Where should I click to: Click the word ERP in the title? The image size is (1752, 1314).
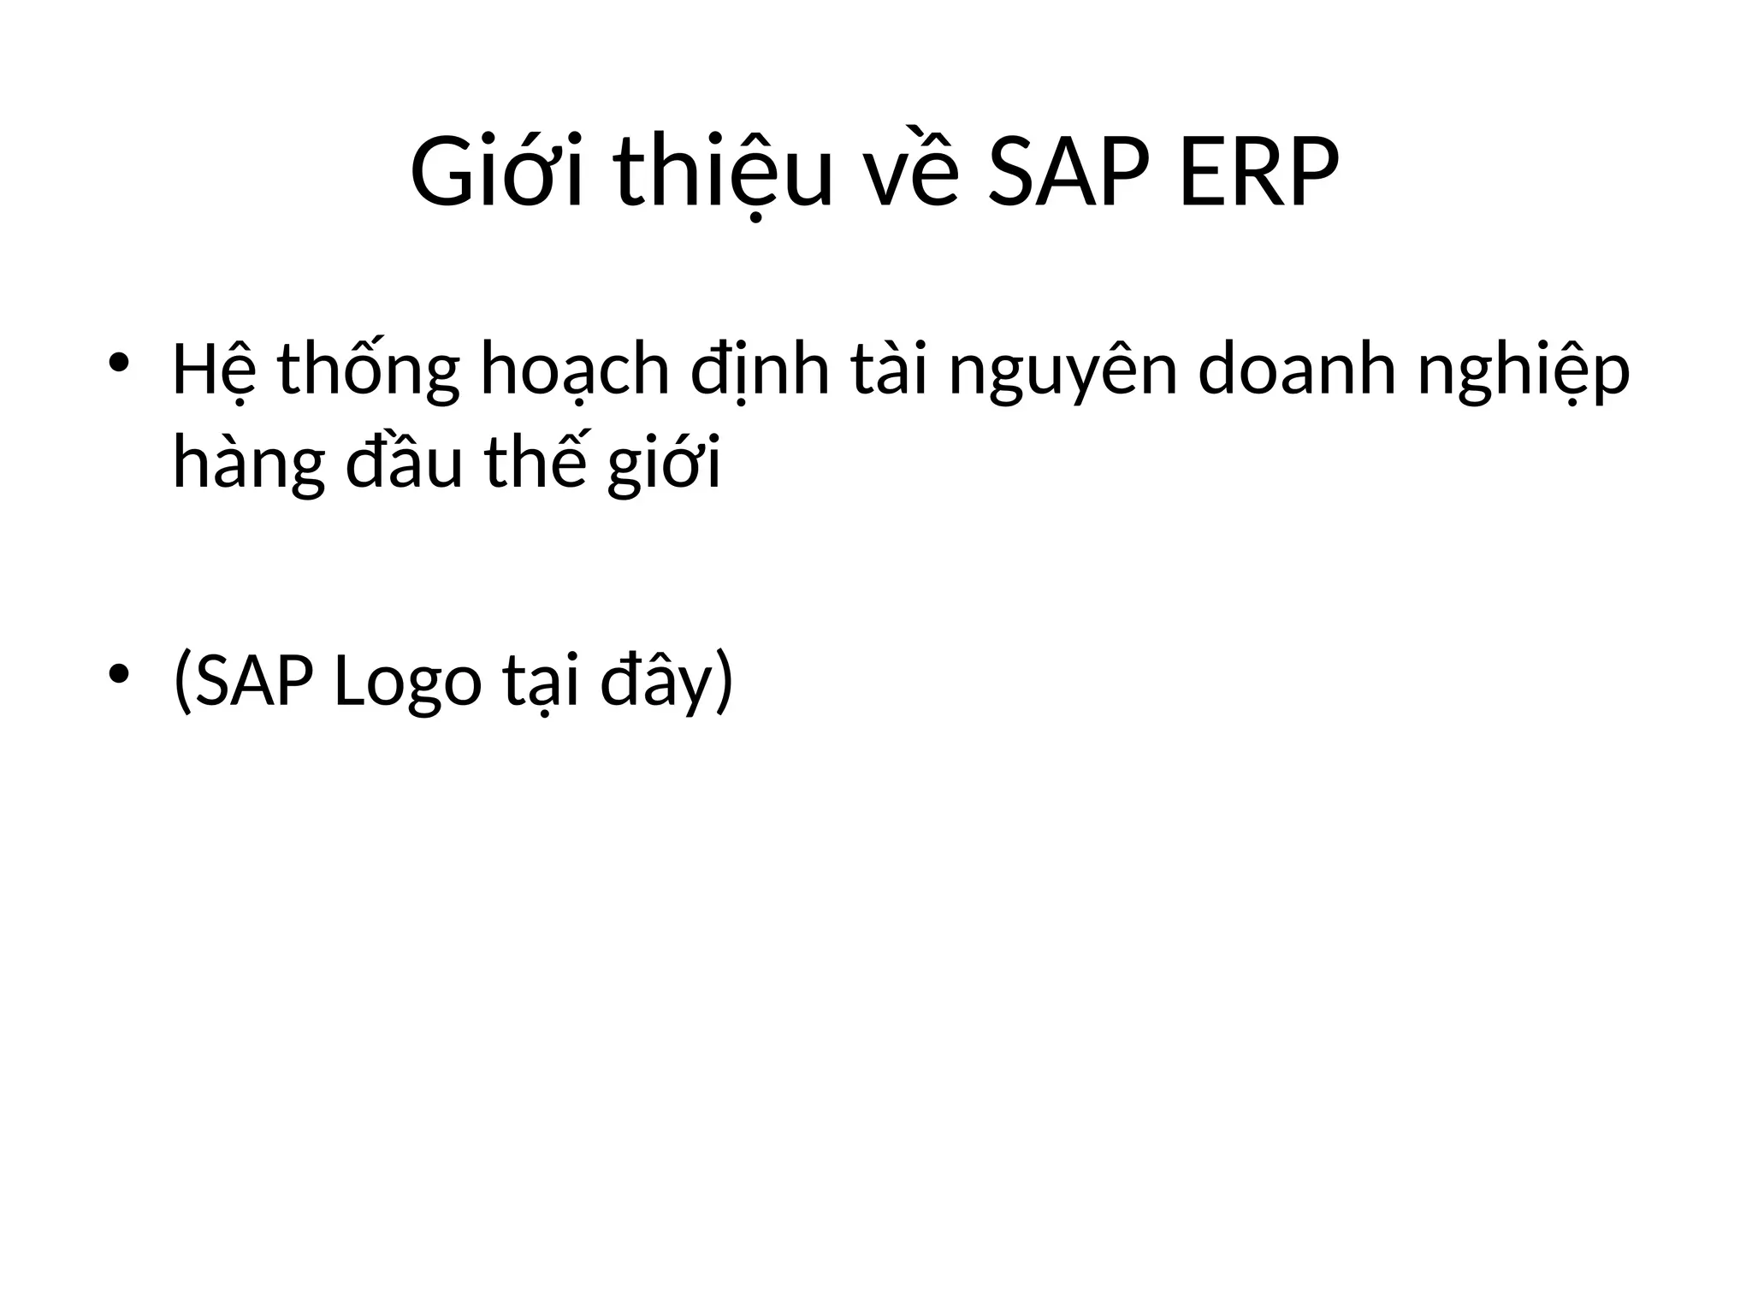pyautogui.click(x=1258, y=174)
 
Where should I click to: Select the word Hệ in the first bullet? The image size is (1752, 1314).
pyautogui.click(x=214, y=370)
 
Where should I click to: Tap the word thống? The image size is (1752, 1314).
pyautogui.click(x=369, y=370)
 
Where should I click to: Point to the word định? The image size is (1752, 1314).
pyautogui.click(x=760, y=370)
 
